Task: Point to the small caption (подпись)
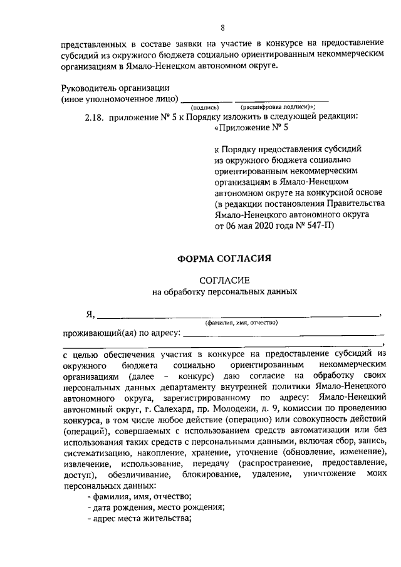[x=205, y=107]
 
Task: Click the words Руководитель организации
[x=115, y=88]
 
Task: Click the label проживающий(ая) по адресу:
[x=121, y=332]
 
